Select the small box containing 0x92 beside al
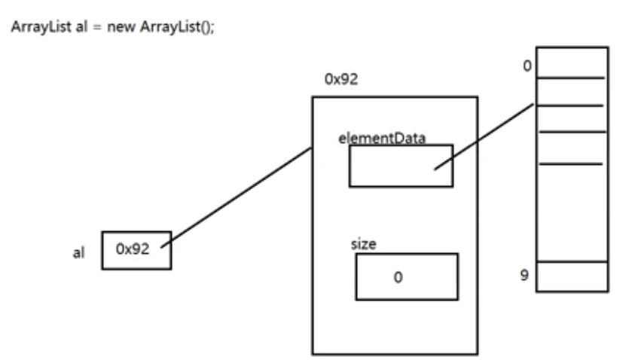136,250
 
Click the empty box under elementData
400,166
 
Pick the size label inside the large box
364,244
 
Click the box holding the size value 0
407,276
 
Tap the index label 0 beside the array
527,65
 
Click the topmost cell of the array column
572,62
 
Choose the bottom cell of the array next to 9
572,276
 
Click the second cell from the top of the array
572,91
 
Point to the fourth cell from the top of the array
572,148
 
